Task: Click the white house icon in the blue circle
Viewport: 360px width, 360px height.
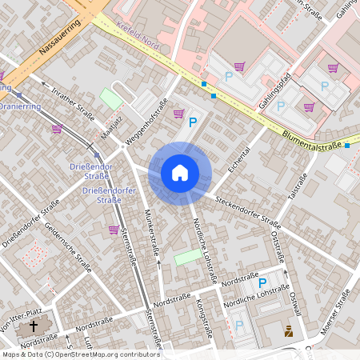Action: pyautogui.click(x=180, y=172)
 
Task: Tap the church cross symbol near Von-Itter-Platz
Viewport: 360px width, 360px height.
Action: pyautogui.click(x=34, y=326)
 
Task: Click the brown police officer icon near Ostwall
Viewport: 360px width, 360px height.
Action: pyautogui.click(x=289, y=330)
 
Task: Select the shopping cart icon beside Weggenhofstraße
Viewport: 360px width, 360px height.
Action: pyautogui.click(x=178, y=114)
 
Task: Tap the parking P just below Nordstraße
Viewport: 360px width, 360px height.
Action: pyautogui.click(x=261, y=282)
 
